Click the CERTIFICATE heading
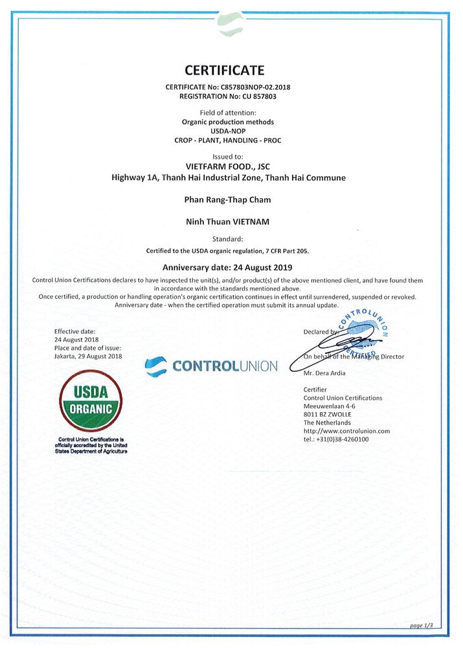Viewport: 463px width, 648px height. [x=225, y=70]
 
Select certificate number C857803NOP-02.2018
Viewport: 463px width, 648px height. [x=249, y=87]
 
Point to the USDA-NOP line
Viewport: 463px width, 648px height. [x=228, y=131]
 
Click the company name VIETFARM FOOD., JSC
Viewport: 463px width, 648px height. [x=227, y=166]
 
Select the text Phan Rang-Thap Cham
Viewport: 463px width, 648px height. [x=228, y=200]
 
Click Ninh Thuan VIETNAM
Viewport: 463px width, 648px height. [x=228, y=222]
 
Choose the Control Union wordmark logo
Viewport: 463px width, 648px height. [x=212, y=366]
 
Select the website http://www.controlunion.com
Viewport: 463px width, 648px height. [x=346, y=431]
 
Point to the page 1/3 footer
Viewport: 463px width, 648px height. [x=422, y=625]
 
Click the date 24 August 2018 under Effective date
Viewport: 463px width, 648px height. [x=76, y=340]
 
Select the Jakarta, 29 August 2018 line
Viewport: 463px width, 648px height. [x=88, y=356]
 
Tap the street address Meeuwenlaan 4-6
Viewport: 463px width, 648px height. [x=330, y=406]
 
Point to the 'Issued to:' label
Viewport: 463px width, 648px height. [x=228, y=157]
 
